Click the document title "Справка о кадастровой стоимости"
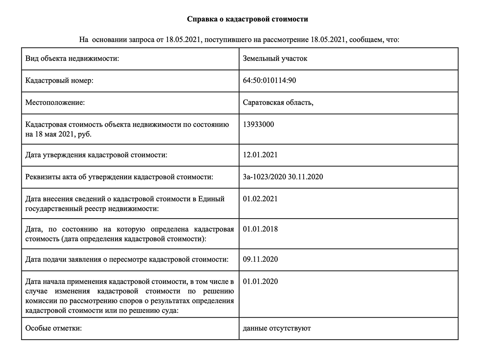(247, 19)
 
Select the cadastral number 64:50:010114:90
(269, 81)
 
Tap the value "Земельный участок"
(275, 58)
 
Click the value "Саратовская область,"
(278, 103)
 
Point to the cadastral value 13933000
(258, 125)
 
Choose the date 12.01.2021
(260, 155)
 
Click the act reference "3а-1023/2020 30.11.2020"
(283, 177)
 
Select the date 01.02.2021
(260, 199)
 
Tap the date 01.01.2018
(260, 229)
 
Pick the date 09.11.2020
(260, 259)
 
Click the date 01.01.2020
(260, 282)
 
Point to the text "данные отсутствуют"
(276, 328)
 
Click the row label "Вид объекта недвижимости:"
(72, 58)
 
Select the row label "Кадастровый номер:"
(59, 81)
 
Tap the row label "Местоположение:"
(55, 103)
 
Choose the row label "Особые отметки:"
(53, 328)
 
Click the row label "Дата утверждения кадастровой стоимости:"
(96, 155)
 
